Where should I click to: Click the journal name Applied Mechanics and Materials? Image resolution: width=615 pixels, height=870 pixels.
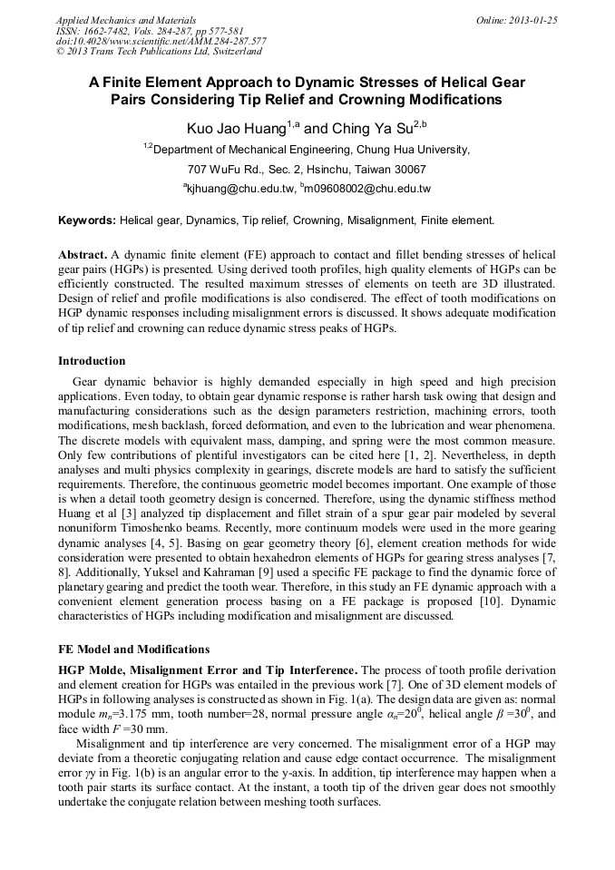pyautogui.click(x=126, y=20)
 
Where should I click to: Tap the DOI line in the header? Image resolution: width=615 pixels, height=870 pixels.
pyautogui.click(x=161, y=42)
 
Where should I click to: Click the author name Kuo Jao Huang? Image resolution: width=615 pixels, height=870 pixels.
pyautogui.click(x=236, y=129)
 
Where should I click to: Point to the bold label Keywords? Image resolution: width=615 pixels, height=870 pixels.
pyautogui.click(x=87, y=220)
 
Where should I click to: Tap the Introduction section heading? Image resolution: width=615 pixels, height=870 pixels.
pyautogui.click(x=92, y=361)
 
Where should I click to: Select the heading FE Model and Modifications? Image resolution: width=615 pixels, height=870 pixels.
pyautogui.click(x=133, y=650)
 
